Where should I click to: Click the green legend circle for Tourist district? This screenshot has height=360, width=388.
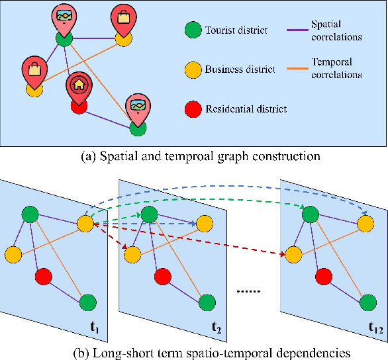tap(193, 30)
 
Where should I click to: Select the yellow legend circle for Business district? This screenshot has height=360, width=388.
tap(193, 69)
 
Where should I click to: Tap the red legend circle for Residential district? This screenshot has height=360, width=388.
tap(193, 109)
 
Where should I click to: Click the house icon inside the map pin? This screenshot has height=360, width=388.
tap(78, 85)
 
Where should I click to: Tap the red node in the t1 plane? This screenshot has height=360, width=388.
tap(44, 275)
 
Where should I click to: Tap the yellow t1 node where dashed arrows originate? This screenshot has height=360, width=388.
tap(86, 224)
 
